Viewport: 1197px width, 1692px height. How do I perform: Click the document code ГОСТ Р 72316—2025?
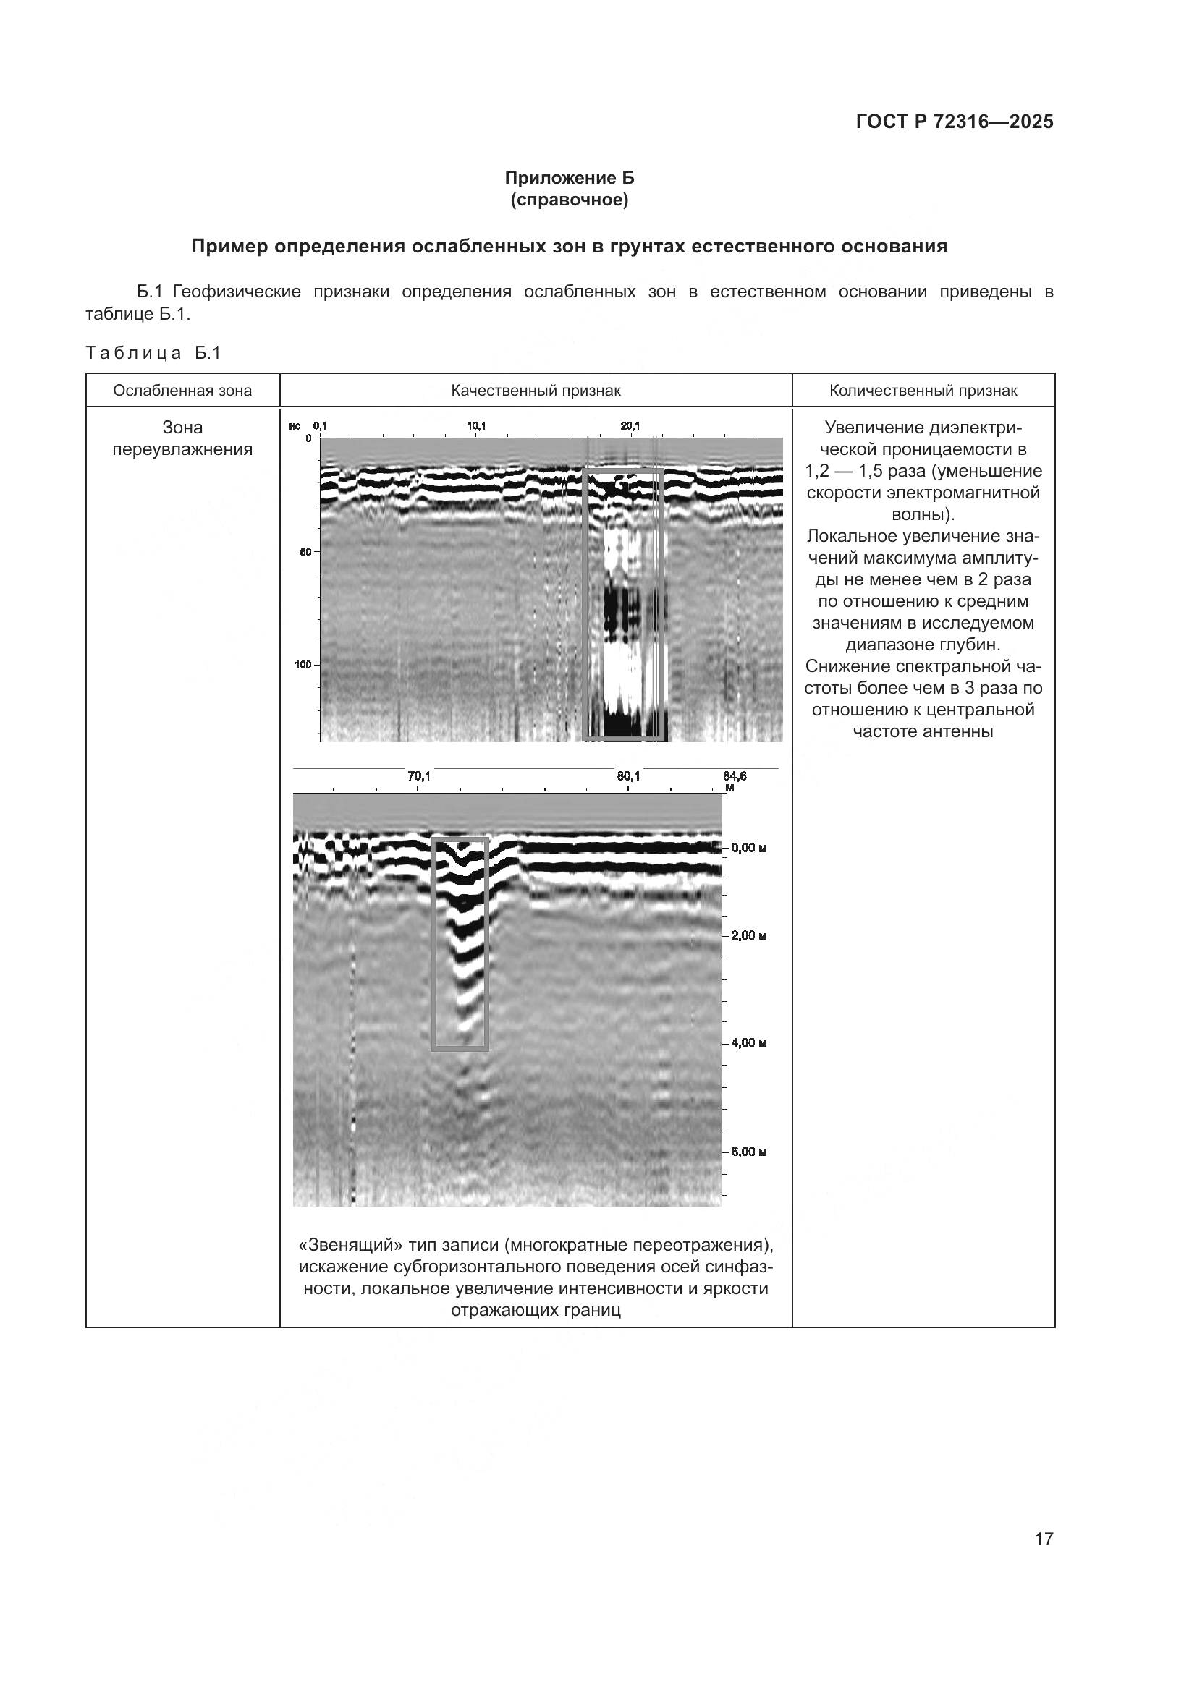click(x=955, y=122)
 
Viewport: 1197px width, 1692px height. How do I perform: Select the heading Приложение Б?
click(x=569, y=178)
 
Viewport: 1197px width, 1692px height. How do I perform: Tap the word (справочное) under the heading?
click(x=569, y=200)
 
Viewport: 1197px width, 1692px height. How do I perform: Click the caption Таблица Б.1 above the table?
click(x=153, y=353)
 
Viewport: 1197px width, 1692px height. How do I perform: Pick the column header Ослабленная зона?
click(x=182, y=391)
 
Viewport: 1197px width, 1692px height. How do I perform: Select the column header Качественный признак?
click(x=536, y=391)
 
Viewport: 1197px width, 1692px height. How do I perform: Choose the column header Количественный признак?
click(x=923, y=391)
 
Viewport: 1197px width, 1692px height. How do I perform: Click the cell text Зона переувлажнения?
click(x=182, y=438)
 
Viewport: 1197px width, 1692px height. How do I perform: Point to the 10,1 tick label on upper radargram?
click(x=476, y=426)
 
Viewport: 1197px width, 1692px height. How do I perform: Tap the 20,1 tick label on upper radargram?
click(x=630, y=426)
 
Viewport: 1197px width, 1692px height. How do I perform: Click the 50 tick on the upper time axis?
click(x=305, y=551)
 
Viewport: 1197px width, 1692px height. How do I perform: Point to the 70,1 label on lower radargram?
click(x=418, y=776)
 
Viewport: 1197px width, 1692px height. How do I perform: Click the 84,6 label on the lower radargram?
click(x=735, y=776)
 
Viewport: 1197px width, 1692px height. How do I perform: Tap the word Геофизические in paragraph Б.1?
click(x=237, y=292)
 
